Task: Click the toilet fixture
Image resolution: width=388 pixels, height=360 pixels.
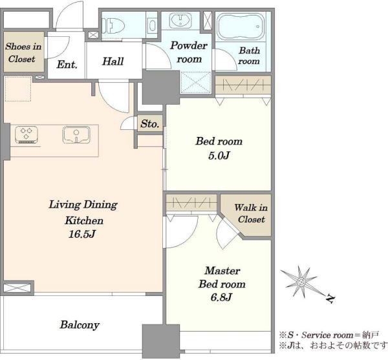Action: click(113, 25)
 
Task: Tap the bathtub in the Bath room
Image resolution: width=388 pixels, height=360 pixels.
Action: click(241, 26)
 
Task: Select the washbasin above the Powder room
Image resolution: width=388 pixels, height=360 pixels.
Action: click(180, 21)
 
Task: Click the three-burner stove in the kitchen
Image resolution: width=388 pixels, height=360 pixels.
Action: click(27, 134)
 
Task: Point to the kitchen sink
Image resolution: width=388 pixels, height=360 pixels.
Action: click(76, 134)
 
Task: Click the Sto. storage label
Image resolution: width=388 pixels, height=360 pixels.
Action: click(150, 123)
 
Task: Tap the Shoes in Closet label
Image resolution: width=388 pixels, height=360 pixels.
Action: click(23, 52)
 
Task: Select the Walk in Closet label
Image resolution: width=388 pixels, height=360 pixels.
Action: click(251, 213)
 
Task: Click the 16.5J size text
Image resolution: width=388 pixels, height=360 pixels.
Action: click(82, 234)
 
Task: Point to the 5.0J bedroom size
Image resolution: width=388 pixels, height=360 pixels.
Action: click(219, 156)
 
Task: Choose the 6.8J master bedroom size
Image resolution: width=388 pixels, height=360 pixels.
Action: click(221, 297)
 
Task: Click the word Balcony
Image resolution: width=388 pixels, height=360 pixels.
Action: click(80, 325)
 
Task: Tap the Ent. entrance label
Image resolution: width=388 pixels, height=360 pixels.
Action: click(67, 65)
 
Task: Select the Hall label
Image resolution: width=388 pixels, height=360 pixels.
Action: click(113, 61)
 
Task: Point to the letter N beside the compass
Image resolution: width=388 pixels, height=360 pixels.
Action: click(330, 299)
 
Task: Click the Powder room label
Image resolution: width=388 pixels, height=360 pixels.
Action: click(189, 52)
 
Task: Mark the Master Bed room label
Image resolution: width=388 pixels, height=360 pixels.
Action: click(222, 277)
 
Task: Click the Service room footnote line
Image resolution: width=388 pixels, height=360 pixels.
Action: click(329, 335)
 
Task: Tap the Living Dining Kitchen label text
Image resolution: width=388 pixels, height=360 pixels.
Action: click(83, 213)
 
